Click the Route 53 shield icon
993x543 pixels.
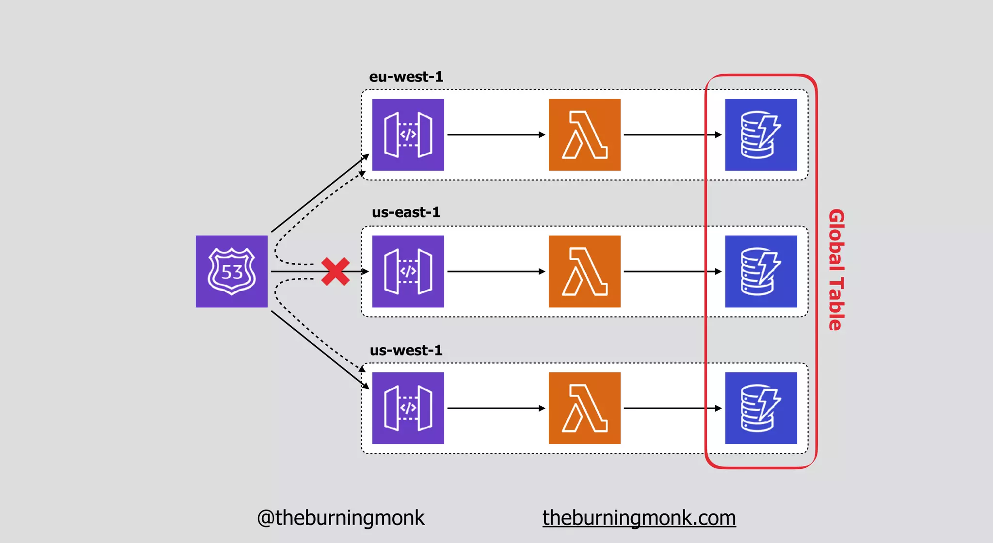231,271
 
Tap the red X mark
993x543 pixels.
335,271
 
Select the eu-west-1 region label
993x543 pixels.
406,77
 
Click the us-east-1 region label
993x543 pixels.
406,212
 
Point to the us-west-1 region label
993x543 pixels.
406,350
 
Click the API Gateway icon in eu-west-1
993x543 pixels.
408,135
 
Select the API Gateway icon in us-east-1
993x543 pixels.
408,271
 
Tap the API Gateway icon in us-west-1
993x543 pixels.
408,408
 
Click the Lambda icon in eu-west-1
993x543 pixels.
584,135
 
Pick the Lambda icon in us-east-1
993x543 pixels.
584,271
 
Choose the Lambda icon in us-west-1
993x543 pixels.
584,408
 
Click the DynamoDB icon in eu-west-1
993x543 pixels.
761,135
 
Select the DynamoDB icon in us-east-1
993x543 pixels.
761,271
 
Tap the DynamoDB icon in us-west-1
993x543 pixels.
761,408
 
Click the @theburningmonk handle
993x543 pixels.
340,518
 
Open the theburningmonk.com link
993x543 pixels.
639,518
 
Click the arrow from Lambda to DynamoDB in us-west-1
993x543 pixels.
672,408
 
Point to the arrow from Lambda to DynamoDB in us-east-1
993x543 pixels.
672,271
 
